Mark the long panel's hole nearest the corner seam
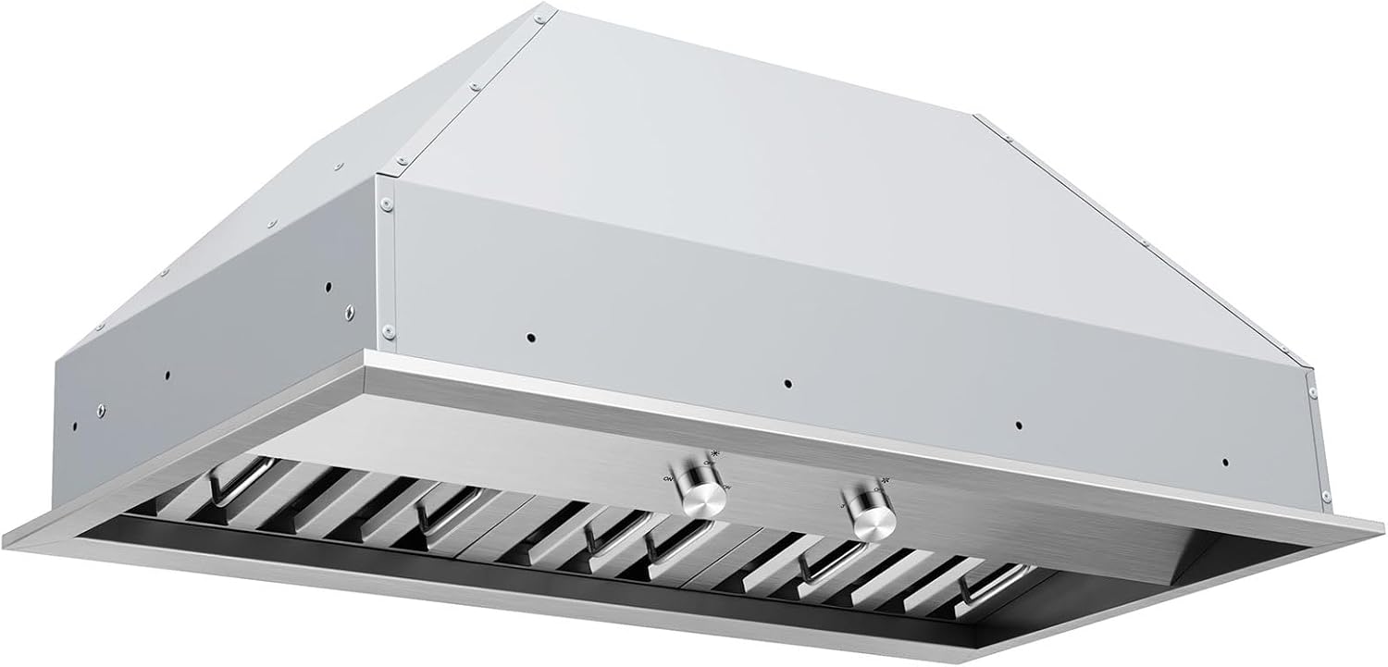click(527, 338)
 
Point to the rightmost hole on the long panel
click(1224, 462)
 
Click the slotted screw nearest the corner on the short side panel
click(349, 311)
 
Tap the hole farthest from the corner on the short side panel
click(75, 427)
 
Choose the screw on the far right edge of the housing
click(1311, 392)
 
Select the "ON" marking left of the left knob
click(668, 477)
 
